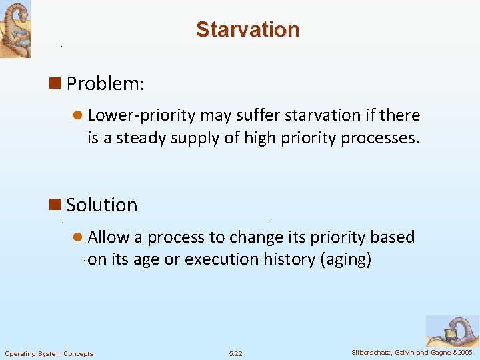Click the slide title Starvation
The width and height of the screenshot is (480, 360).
pos(247,30)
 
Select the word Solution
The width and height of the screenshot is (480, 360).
pos(101,205)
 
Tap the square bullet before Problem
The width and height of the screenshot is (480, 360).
pos(57,84)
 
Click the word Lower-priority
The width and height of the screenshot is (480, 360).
pos(141,115)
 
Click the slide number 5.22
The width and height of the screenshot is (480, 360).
pos(235,353)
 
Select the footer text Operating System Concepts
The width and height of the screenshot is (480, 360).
pos(49,353)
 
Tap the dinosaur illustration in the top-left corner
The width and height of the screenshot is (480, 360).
pos(15,29)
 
